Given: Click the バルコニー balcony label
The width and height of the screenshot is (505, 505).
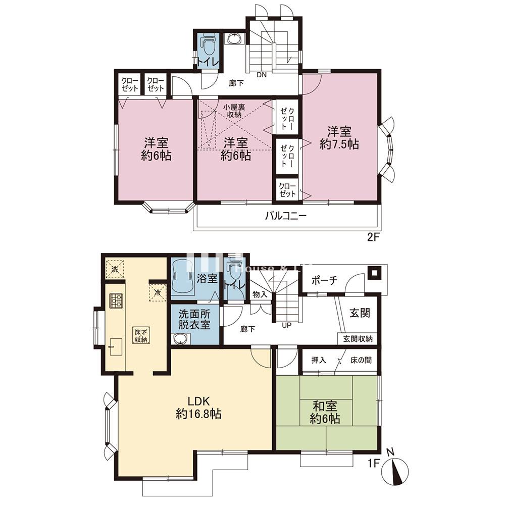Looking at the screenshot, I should click(x=286, y=217).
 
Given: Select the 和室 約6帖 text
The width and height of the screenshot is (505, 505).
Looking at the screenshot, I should click(x=325, y=412).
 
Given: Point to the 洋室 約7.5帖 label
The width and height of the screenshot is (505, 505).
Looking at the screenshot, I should click(x=339, y=138).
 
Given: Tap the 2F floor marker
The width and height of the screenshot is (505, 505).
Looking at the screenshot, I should click(x=373, y=236).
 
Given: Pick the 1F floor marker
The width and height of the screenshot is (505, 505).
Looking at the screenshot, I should click(x=372, y=461).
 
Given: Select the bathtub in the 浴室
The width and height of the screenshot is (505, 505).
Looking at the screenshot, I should click(x=184, y=278).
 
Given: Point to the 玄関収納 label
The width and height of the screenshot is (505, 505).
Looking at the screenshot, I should click(x=358, y=339).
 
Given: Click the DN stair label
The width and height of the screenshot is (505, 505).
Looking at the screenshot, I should click(x=262, y=75).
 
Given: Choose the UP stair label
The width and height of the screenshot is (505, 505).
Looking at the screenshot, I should click(x=287, y=325).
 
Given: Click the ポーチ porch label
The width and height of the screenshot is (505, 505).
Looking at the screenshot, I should click(x=324, y=281).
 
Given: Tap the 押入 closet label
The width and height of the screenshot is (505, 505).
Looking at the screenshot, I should click(x=318, y=361).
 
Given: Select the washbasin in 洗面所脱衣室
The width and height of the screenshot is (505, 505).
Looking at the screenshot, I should click(x=179, y=339).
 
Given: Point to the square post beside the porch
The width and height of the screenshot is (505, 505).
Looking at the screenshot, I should click(x=375, y=273).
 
